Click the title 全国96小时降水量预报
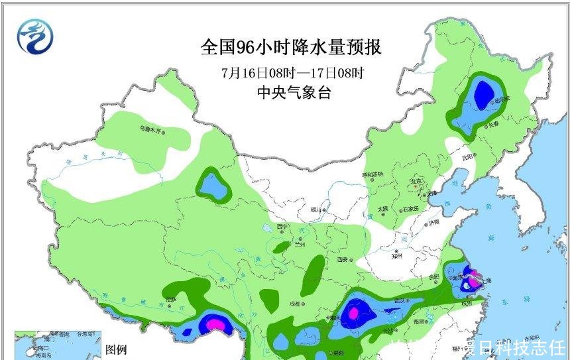(292, 48)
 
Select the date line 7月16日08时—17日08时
(292, 72)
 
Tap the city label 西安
(342, 259)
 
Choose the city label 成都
(294, 304)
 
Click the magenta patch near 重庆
(354, 311)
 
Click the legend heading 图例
(117, 349)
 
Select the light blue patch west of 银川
(213, 188)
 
